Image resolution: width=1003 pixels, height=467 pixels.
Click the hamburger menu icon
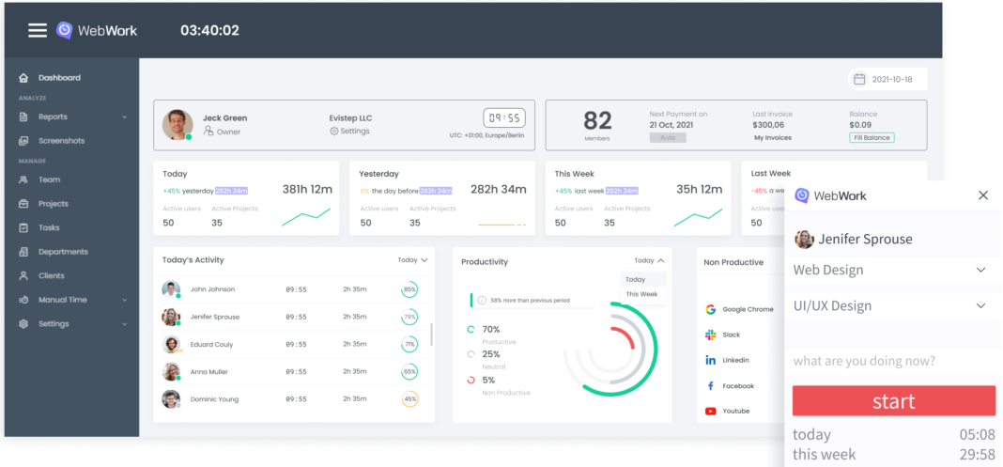coord(37,30)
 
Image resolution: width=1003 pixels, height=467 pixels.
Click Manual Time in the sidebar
coord(62,300)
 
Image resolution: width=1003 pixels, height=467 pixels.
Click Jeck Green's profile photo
coord(177,124)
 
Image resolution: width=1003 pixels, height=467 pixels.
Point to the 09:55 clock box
coord(503,118)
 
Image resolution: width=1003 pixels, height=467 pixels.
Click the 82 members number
coord(597,120)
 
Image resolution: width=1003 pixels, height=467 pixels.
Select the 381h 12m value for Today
coord(307,189)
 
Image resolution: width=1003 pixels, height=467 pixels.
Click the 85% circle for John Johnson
coord(409,289)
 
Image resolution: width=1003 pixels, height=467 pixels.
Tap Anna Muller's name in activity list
coord(208,372)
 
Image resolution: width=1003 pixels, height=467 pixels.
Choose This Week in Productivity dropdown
coord(641,294)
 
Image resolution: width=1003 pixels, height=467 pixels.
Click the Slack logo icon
coord(710,335)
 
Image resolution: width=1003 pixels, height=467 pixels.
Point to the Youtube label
coord(736,411)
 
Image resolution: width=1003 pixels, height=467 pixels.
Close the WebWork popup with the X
coord(982,195)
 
